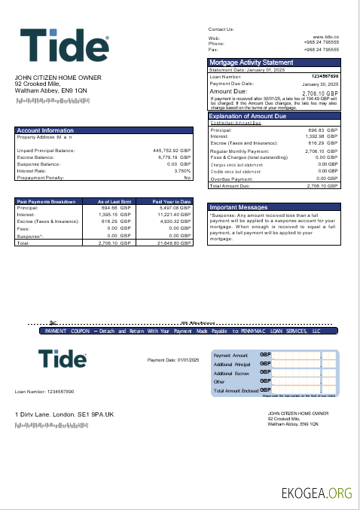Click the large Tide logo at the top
click(x=65, y=47)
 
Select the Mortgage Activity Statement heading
click(x=251, y=63)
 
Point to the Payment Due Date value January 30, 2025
click(x=320, y=84)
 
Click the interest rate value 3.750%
click(x=182, y=170)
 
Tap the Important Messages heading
click(x=238, y=206)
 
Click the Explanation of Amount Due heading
click(x=255, y=116)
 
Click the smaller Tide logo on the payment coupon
click(x=63, y=359)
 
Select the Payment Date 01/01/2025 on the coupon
click(x=171, y=360)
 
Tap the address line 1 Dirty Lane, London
click(x=63, y=414)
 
